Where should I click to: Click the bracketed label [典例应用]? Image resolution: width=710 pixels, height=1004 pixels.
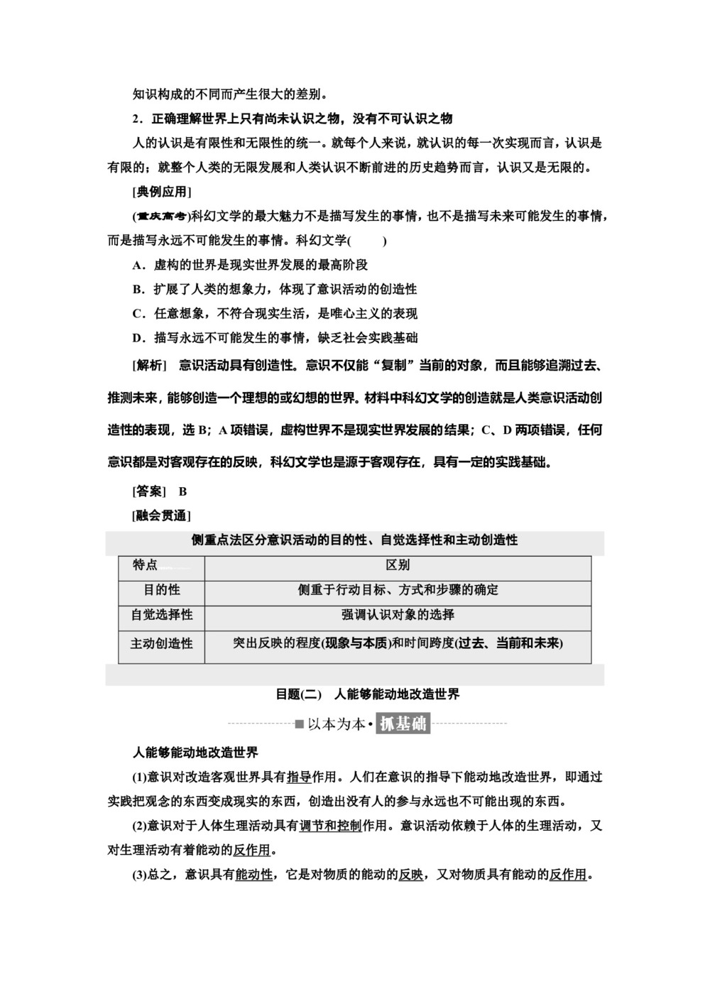(x=162, y=192)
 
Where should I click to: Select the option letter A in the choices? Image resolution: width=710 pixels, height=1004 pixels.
(x=138, y=265)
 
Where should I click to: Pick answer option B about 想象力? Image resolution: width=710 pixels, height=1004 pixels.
(x=138, y=289)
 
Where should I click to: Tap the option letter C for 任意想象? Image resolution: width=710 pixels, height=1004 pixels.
(x=138, y=313)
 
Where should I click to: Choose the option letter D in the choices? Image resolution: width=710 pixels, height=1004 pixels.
(x=138, y=337)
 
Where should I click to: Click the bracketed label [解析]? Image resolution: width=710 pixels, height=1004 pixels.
(x=149, y=365)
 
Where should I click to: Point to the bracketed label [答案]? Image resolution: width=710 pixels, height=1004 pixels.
(x=149, y=491)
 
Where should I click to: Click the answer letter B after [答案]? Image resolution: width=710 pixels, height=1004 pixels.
(x=182, y=491)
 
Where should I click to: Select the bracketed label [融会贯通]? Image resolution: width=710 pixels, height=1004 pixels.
(x=162, y=515)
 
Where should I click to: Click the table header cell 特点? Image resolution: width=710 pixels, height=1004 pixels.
(x=146, y=565)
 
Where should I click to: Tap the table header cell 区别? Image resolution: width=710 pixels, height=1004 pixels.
(x=398, y=565)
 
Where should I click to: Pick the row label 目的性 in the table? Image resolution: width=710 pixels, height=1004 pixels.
(x=162, y=590)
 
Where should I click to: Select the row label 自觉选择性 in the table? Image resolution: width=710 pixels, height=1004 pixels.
(x=162, y=615)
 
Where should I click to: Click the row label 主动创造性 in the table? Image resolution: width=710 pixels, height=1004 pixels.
(x=162, y=643)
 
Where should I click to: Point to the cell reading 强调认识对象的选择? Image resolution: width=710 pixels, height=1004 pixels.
(x=398, y=615)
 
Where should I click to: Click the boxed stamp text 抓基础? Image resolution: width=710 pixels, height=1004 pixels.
(x=403, y=724)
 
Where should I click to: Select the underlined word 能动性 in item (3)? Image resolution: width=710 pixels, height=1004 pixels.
(x=253, y=875)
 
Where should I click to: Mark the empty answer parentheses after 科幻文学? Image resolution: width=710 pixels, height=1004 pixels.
(x=368, y=241)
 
